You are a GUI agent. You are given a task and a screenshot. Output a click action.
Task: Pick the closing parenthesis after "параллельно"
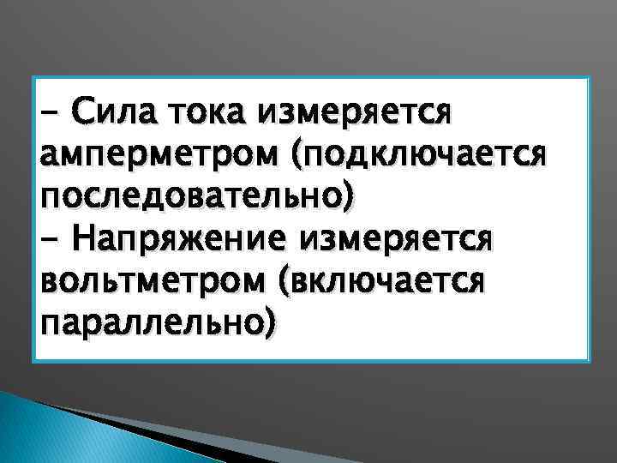tap(273, 325)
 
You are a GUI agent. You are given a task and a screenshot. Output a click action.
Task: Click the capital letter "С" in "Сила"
tap(82, 111)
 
